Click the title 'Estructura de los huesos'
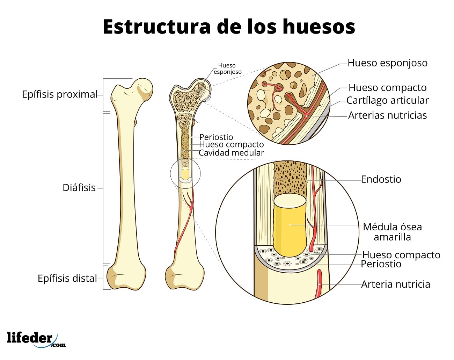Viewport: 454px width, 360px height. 229,27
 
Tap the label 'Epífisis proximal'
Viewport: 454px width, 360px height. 60,94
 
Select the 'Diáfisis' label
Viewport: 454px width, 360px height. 79,188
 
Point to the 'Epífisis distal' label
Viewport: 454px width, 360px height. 67,279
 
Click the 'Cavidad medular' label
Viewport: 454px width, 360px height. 231,153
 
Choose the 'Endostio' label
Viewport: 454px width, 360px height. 381,179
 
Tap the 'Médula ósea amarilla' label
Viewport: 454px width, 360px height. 392,232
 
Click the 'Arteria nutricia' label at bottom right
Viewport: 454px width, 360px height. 396,284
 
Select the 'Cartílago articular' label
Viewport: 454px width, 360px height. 388,100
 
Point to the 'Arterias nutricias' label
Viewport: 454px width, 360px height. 388,115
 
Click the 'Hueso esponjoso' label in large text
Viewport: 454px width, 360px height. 388,63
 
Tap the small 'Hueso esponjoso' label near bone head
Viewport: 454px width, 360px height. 227,69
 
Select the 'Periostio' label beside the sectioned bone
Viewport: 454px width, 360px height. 216,137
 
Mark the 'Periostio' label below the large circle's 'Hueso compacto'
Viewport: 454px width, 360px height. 381,264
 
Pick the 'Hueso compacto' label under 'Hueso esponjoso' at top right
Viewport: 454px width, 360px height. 388,87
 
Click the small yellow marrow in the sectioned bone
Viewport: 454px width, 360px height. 185,173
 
